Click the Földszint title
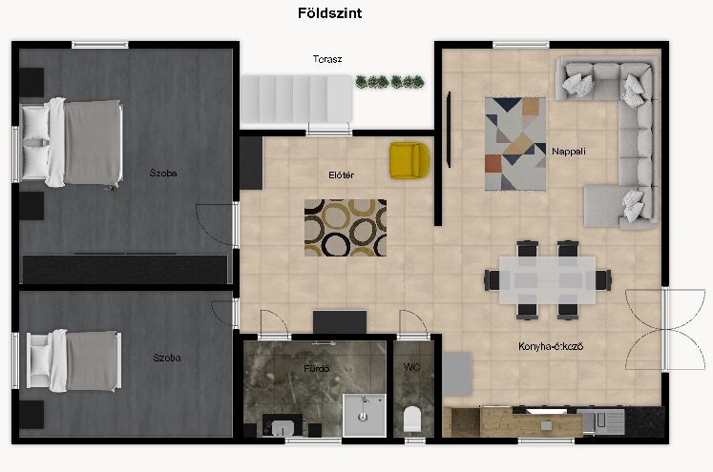[329, 13]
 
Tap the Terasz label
[327, 59]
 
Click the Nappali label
[569, 152]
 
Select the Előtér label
[341, 174]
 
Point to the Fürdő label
[317, 368]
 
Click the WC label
[411, 366]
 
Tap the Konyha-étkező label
[551, 346]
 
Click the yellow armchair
[409, 160]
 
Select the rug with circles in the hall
[346, 228]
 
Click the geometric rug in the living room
[515, 144]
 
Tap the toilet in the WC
[412, 419]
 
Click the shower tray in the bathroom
[365, 415]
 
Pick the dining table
[547, 280]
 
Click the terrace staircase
[297, 99]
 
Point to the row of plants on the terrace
[389, 82]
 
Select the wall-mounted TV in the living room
[449, 130]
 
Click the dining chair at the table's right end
[603, 280]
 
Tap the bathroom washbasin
[283, 427]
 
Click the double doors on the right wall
[665, 329]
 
